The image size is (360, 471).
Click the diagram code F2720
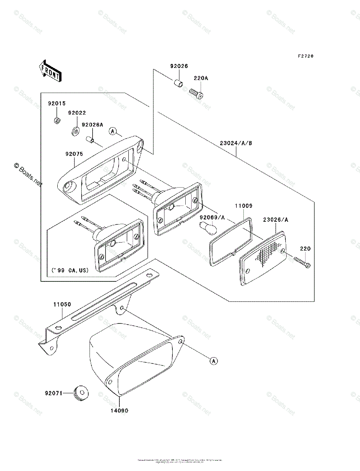click(305, 56)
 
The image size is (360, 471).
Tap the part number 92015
click(57, 104)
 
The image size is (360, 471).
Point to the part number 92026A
click(92, 125)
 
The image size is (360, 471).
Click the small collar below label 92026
click(178, 84)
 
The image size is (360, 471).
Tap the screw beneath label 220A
click(196, 93)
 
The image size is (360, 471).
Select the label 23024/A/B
click(236, 143)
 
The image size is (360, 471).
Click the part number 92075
click(74, 154)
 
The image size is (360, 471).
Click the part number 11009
click(244, 206)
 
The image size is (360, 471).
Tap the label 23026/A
click(276, 220)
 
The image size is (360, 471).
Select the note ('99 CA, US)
click(69, 270)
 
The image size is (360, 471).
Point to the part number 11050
click(62, 304)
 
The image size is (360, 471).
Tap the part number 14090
click(119, 411)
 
